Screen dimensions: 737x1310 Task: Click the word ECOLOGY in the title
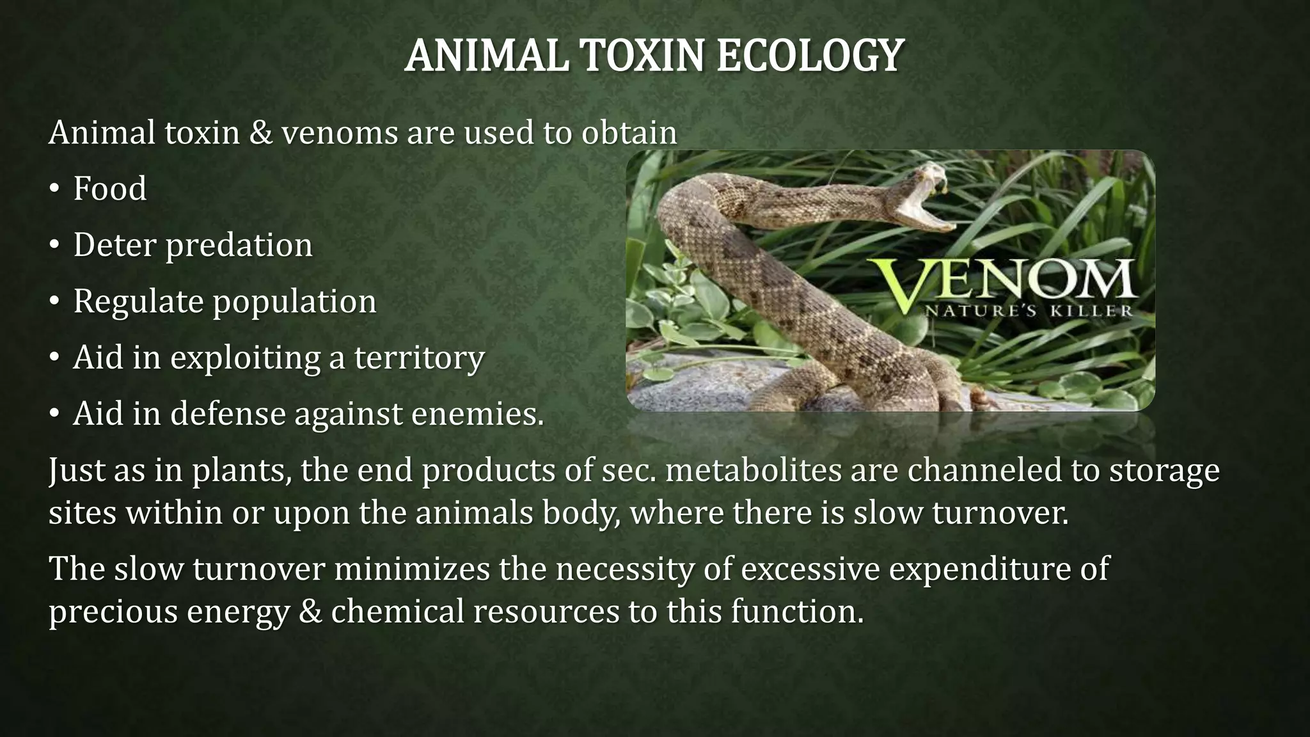(x=809, y=56)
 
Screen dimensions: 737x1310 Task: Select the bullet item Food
(x=109, y=189)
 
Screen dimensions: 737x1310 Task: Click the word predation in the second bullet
(x=239, y=246)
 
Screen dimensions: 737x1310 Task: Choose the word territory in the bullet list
(x=419, y=358)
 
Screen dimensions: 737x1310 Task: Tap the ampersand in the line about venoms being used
(x=260, y=133)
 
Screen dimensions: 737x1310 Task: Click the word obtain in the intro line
(x=629, y=133)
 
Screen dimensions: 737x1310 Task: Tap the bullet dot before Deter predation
(x=55, y=246)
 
